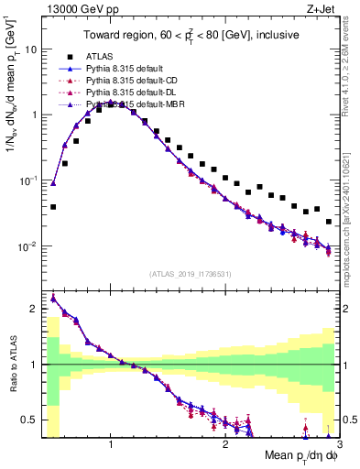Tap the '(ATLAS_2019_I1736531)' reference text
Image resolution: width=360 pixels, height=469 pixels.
click(191, 274)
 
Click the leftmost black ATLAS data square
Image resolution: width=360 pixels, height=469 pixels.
click(53, 207)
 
